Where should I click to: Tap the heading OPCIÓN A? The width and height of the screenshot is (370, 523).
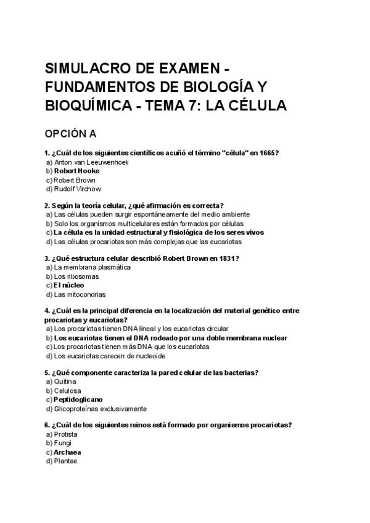click(x=70, y=133)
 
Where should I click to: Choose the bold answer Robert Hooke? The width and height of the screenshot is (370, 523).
click(x=76, y=171)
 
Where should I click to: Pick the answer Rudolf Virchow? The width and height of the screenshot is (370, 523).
click(x=77, y=189)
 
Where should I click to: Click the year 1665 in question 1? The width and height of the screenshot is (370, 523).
click(x=268, y=153)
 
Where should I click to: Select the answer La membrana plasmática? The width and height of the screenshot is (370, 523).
click(x=92, y=268)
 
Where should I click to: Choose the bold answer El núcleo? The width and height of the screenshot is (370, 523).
click(x=68, y=286)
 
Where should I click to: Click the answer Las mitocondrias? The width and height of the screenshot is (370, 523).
click(x=80, y=294)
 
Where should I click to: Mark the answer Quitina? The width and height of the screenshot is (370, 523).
click(x=65, y=382)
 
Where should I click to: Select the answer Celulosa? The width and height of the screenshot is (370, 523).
click(x=67, y=391)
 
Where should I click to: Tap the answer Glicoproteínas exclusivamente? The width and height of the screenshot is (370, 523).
click(x=100, y=408)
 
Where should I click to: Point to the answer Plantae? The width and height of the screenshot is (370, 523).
click(x=65, y=461)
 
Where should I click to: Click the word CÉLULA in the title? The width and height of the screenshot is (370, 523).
click(x=253, y=105)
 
